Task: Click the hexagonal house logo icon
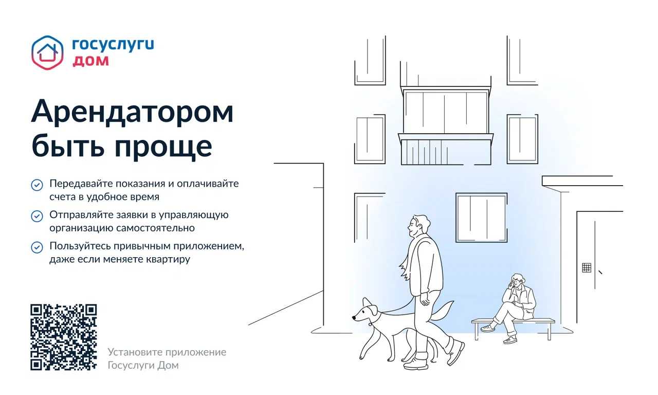pos(47,53)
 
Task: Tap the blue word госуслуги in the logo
pos(113,45)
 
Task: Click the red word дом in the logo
pos(90,61)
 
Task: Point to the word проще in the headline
pos(163,147)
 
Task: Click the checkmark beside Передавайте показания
pos(37,185)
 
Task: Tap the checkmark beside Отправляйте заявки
pos(37,217)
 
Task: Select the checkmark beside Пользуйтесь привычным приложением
pos(37,247)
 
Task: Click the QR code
pos(63,337)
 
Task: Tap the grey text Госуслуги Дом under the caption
pos(143,365)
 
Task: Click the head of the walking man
pos(419,226)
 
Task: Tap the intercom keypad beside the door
pos(587,268)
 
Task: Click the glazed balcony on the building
pos(446,127)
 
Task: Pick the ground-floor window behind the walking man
pos(482,218)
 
